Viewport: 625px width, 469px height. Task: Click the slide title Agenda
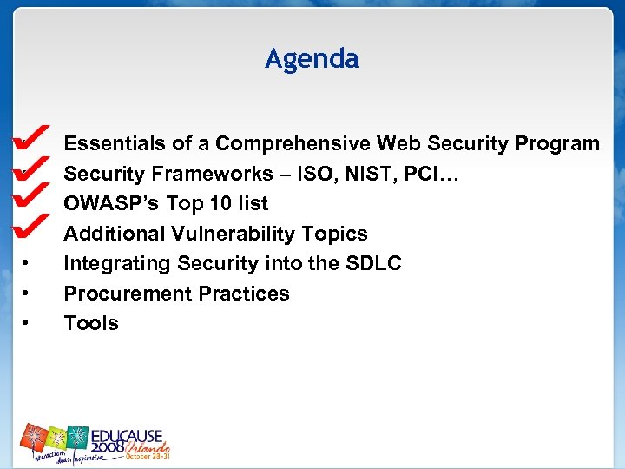pyautogui.click(x=312, y=59)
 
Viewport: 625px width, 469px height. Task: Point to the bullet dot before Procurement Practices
pyautogui.click(x=28, y=294)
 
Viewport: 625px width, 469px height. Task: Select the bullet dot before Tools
pyautogui.click(x=28, y=323)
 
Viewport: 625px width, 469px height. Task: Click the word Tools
pyautogui.click(x=91, y=323)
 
